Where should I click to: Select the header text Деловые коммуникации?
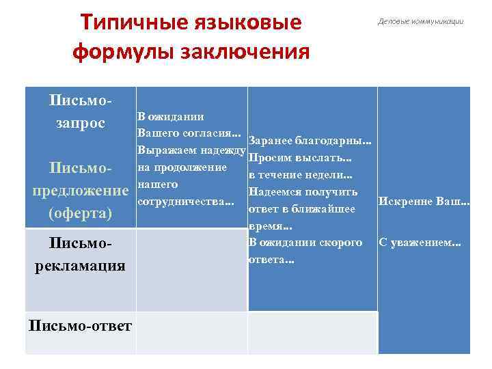(420, 21)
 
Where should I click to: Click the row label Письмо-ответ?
(81, 325)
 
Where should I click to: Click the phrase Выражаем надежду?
(191, 150)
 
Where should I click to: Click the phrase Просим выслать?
(300, 158)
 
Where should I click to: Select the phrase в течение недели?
(300, 175)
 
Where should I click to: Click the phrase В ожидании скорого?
(305, 243)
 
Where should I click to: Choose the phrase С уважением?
(420, 243)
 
